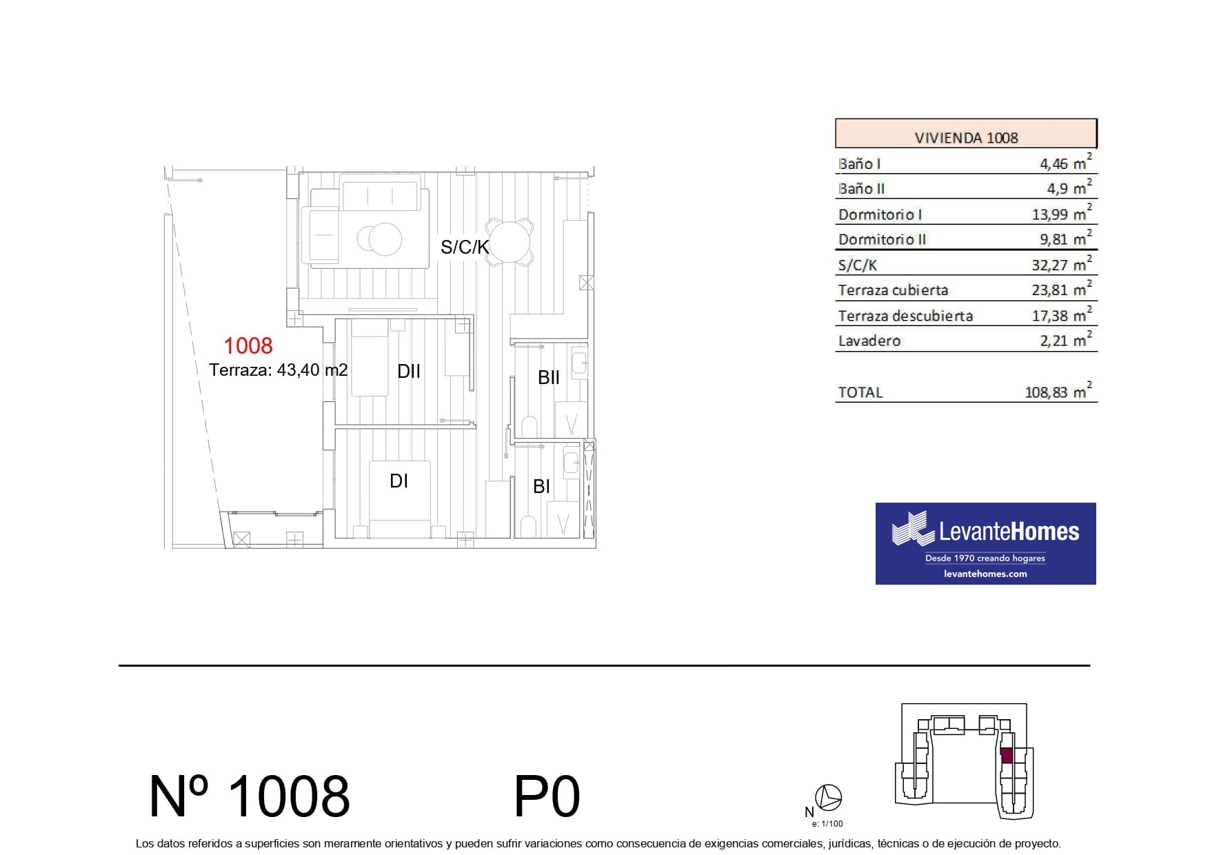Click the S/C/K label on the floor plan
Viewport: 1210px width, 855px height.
(465, 247)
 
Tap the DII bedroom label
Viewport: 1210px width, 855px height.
(409, 372)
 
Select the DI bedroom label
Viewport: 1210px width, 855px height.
(399, 481)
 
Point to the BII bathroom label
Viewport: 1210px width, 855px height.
(549, 378)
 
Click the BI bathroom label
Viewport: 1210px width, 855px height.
(542, 487)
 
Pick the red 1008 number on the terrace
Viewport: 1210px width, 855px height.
(248, 345)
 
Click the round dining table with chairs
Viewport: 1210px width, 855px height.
(509, 241)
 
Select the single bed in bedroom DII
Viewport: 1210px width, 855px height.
(370, 357)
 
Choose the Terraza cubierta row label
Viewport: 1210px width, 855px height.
(893, 290)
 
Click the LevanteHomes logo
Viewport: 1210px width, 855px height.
(985, 543)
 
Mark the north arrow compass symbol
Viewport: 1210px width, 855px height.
(828, 798)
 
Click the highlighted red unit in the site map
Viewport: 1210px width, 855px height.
(1007, 756)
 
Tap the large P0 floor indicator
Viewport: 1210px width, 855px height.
(547, 797)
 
